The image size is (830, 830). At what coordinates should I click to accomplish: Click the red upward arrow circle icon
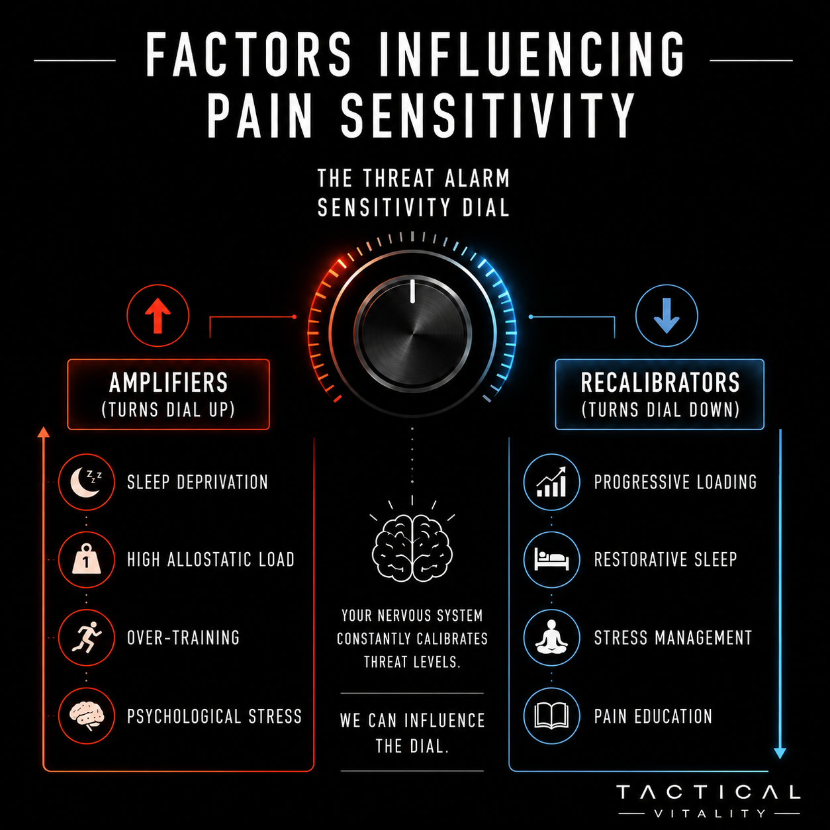(158, 315)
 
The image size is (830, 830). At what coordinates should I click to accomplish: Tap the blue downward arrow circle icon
(667, 315)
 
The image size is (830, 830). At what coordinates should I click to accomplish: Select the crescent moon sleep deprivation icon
(87, 482)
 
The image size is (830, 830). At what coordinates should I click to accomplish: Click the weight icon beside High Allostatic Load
(87, 559)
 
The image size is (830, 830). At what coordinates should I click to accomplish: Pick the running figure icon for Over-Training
(87, 637)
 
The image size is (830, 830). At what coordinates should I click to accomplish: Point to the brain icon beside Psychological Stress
(87, 716)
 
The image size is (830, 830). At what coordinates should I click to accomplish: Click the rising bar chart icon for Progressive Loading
(552, 482)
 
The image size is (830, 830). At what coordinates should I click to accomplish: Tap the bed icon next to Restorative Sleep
(552, 559)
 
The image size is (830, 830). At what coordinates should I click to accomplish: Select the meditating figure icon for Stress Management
(552, 637)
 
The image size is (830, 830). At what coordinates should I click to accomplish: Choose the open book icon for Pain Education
(552, 716)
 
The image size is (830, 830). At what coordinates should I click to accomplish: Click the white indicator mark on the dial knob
(412, 291)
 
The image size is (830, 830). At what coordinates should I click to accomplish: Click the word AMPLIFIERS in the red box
(168, 383)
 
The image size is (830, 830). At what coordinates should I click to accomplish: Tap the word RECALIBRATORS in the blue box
(660, 383)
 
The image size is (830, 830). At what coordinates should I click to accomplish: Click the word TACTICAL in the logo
(708, 792)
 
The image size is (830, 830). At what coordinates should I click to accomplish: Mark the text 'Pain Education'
(653, 716)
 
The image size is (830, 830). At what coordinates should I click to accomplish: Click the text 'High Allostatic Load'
(210, 559)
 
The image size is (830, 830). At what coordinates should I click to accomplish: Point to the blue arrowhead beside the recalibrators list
(780, 753)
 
